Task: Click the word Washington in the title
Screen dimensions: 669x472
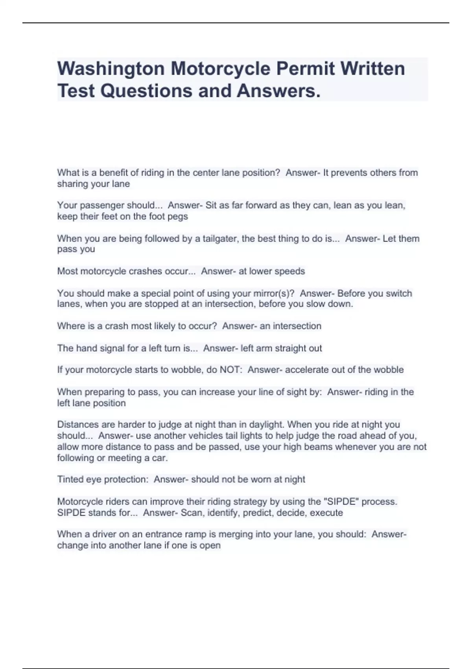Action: coord(111,69)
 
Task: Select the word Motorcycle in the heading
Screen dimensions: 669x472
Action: coord(220,69)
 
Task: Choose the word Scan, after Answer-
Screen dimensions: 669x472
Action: coord(192,513)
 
